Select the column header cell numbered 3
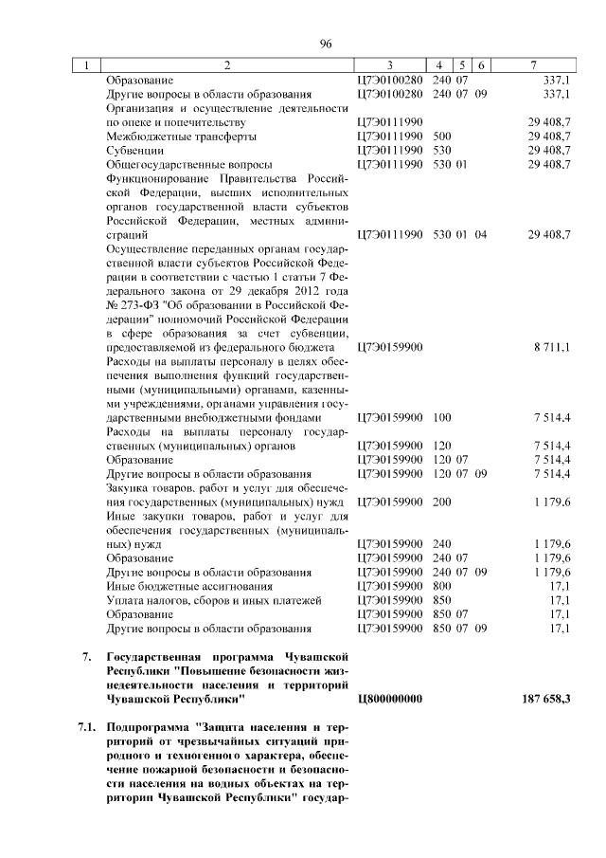[x=389, y=65]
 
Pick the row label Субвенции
[x=135, y=150]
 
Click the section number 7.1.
[x=87, y=726]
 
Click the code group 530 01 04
[x=459, y=233]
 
